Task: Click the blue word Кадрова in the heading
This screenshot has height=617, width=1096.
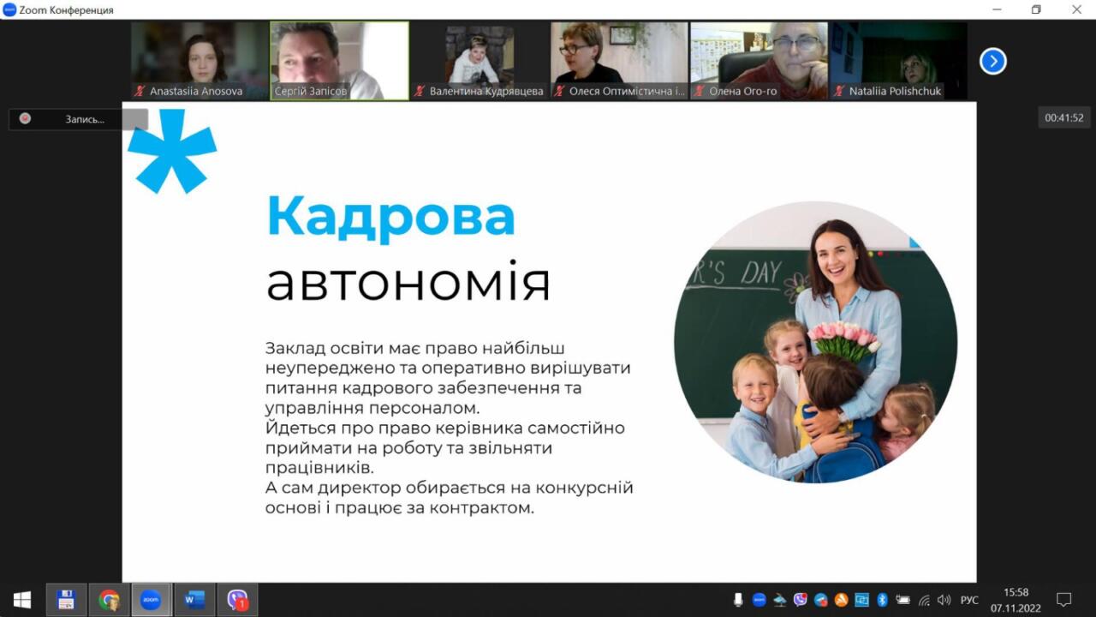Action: (390, 218)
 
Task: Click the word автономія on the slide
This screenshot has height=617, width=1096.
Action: (408, 281)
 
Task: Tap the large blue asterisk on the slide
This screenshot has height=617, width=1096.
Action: (172, 151)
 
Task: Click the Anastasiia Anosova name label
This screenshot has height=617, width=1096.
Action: (196, 91)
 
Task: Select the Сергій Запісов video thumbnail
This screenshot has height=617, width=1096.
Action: (340, 61)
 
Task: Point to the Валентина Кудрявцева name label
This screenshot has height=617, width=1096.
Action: (486, 91)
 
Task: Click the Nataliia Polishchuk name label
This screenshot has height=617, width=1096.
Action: (895, 91)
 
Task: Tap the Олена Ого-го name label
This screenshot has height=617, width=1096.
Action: (742, 91)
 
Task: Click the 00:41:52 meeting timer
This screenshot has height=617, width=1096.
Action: (1063, 117)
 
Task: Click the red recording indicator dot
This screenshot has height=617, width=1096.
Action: (25, 118)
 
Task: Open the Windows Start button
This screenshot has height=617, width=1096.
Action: (22, 599)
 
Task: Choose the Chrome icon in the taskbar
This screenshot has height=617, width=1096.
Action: (109, 599)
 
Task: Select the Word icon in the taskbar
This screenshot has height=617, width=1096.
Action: (194, 599)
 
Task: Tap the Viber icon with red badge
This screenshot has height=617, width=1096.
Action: (238, 599)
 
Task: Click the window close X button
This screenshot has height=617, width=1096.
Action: (1077, 9)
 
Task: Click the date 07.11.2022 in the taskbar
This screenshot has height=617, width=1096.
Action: (1016, 608)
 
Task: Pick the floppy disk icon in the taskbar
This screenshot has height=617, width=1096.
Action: (66, 599)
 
